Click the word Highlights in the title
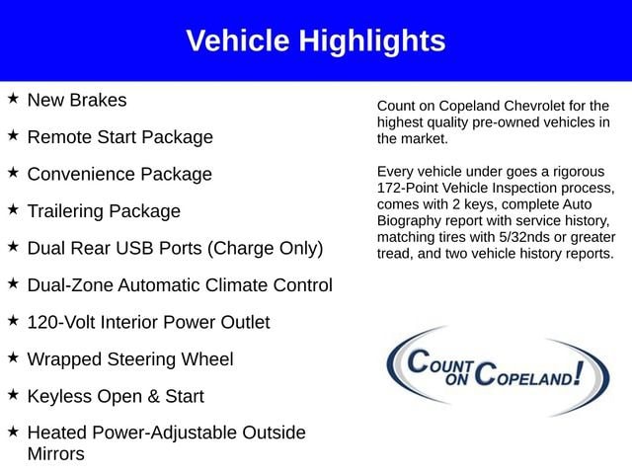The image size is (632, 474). coord(372,41)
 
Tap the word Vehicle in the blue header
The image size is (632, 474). coord(238,40)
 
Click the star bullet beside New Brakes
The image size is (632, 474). coord(13,98)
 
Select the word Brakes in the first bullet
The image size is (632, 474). coord(98,100)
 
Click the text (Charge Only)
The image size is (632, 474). coord(266,248)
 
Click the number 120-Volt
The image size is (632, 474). coord(61,323)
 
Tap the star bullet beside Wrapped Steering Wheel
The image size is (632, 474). coord(13,357)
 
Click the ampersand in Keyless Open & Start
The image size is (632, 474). coord(153,397)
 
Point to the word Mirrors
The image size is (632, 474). coord(56,454)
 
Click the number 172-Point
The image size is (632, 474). coord(407,189)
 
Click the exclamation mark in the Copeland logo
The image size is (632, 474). coord(579,373)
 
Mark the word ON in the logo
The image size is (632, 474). coord(457,379)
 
